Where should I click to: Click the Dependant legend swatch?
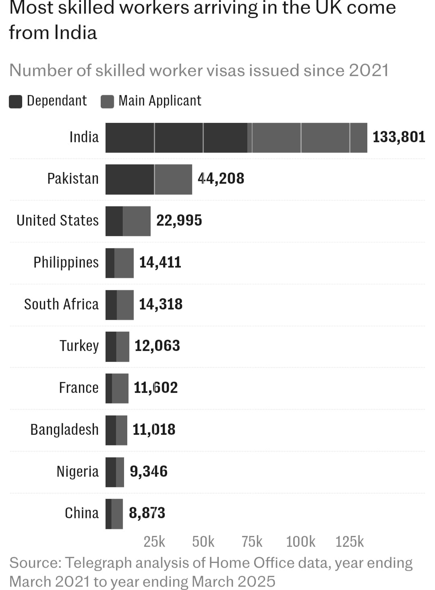click(x=15, y=102)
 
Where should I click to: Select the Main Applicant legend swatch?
click(x=107, y=102)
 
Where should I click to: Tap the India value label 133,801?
click(x=398, y=137)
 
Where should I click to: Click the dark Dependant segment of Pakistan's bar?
click(x=130, y=179)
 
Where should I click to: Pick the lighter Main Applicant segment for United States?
click(x=137, y=221)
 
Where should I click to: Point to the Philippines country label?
click(x=66, y=262)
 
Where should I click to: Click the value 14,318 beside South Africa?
click(x=161, y=304)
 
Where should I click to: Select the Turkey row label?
click(x=79, y=346)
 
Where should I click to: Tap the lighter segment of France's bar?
click(x=120, y=388)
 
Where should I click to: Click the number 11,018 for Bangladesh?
click(x=154, y=430)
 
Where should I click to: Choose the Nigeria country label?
click(x=77, y=472)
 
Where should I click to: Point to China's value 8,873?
click(x=147, y=513)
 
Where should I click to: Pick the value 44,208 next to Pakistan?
click(x=221, y=179)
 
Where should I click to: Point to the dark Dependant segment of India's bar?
click(x=176, y=138)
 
